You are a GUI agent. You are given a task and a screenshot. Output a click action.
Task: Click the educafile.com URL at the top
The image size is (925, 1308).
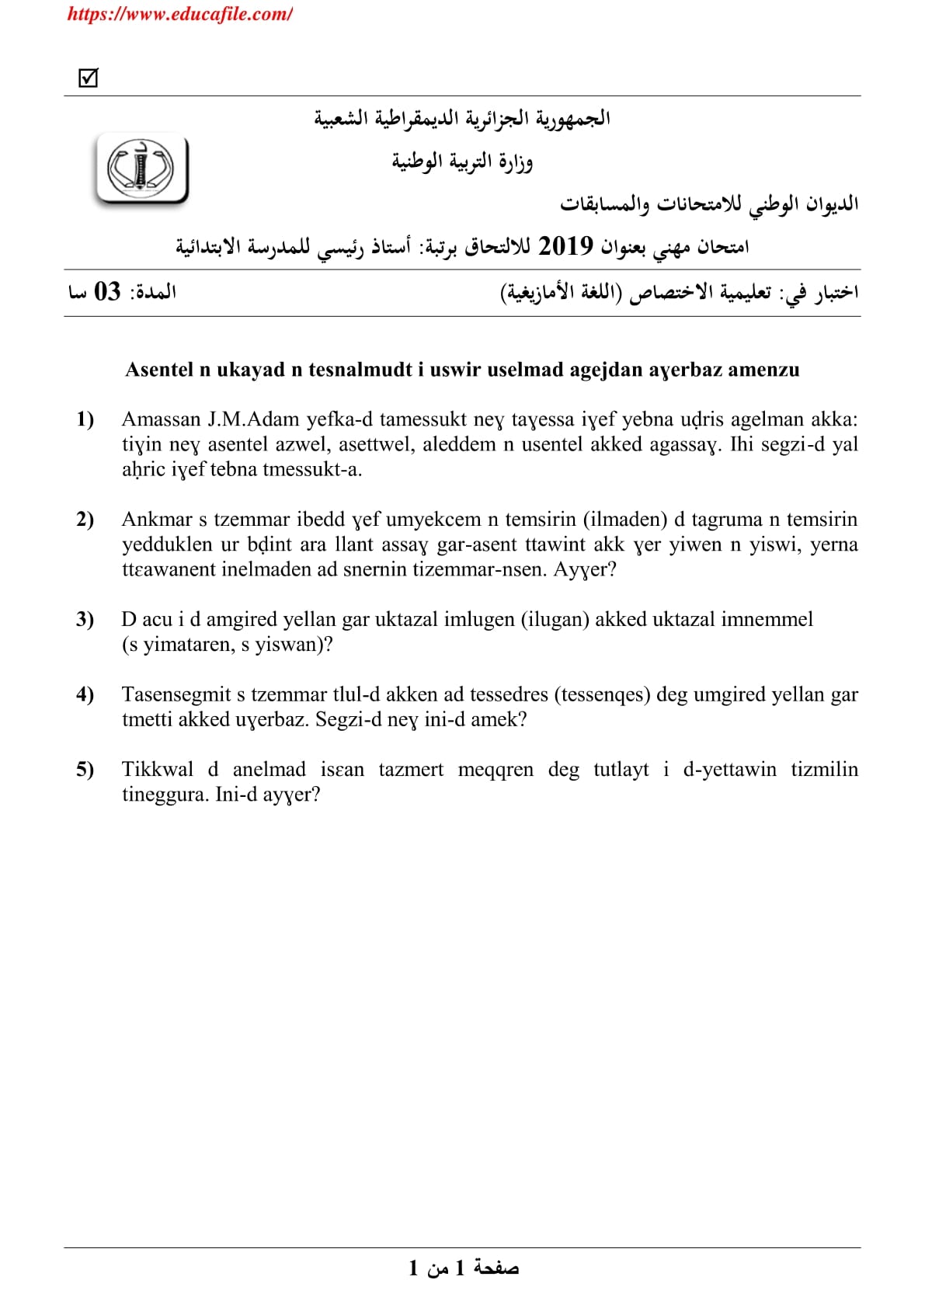[x=179, y=14]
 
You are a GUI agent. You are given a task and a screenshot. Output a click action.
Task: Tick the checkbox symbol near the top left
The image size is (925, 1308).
[x=89, y=78]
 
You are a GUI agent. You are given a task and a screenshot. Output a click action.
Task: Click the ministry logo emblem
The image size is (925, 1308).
[x=141, y=169]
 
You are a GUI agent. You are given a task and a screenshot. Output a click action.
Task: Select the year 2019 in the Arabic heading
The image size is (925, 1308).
[x=565, y=246]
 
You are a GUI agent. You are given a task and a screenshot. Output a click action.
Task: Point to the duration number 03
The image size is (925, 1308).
[x=107, y=292]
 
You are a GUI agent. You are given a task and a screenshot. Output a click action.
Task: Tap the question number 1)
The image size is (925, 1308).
[x=85, y=419]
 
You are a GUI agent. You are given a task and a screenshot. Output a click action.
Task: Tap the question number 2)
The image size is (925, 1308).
[x=85, y=520]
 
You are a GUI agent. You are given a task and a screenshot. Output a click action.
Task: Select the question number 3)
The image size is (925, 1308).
[x=85, y=619]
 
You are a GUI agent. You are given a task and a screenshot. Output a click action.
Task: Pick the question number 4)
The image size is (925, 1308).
[x=85, y=694]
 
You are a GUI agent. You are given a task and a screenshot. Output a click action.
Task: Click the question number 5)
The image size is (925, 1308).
[x=85, y=769]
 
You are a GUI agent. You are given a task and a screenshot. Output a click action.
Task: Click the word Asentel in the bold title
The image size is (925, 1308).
[x=159, y=370]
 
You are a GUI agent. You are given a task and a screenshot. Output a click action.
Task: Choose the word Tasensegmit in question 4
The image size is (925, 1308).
[x=176, y=694]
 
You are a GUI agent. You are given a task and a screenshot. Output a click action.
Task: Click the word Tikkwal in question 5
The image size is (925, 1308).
[x=158, y=769]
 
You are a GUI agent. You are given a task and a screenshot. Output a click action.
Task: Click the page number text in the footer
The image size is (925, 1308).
[x=464, y=1268]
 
